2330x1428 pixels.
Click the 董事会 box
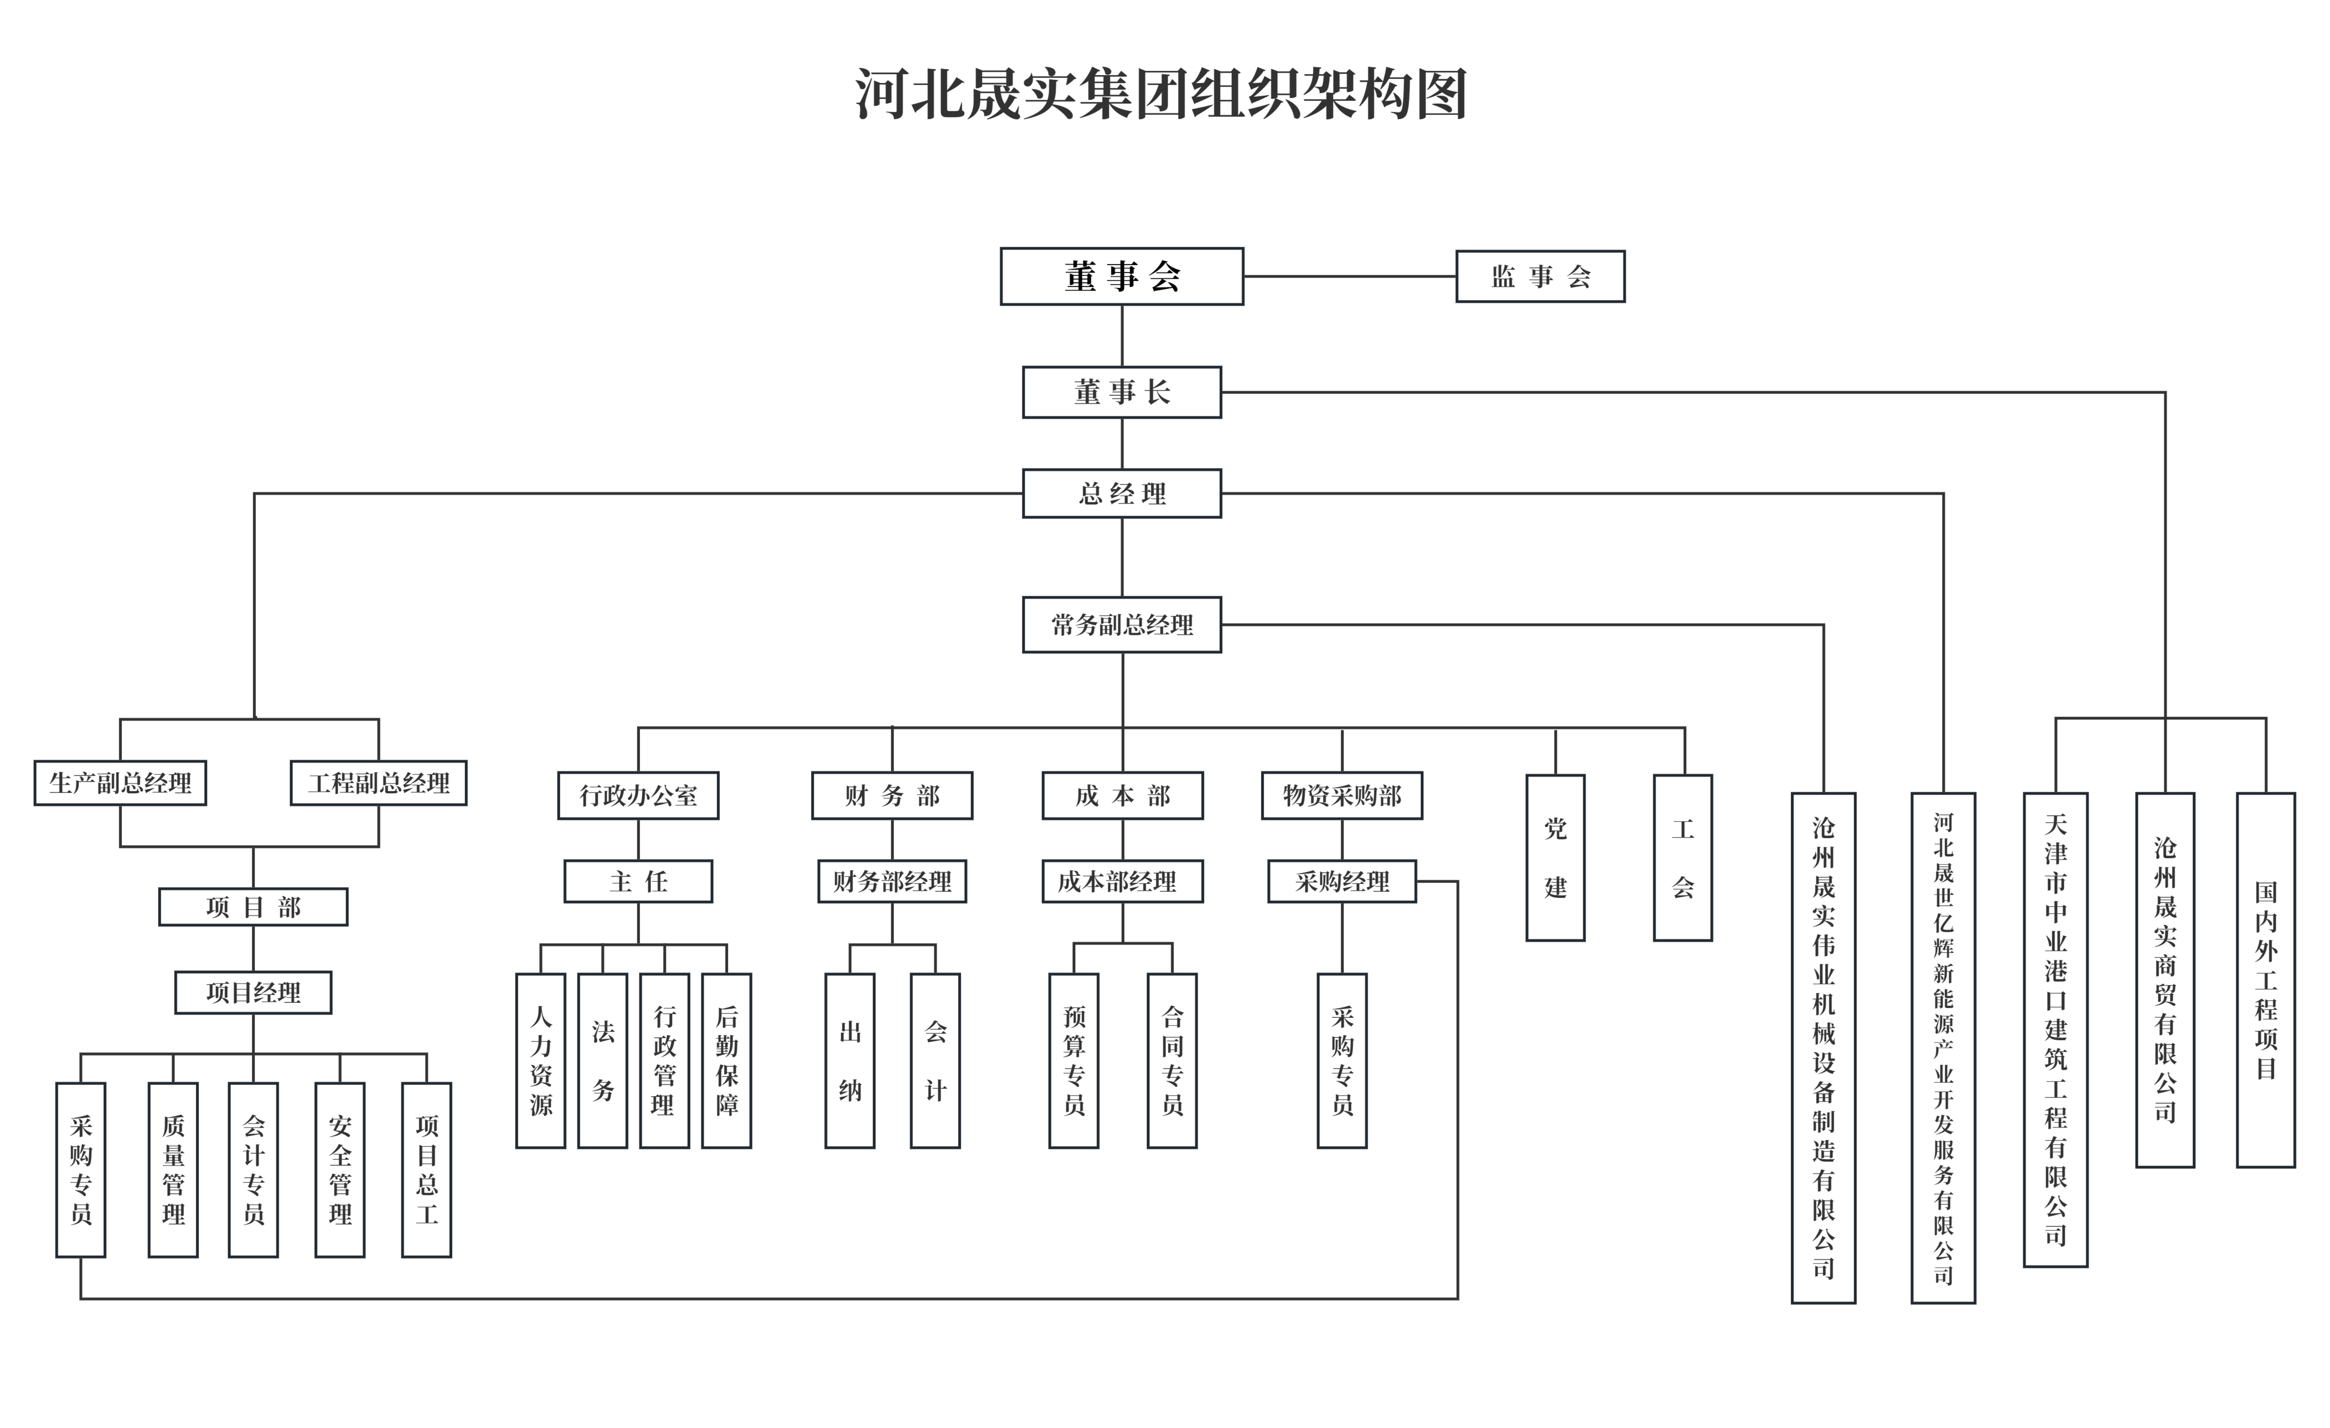1122,276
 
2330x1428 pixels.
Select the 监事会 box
1540,276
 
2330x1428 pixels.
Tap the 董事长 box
1122,392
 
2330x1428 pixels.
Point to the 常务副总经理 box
1122,624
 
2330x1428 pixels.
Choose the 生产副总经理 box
120,783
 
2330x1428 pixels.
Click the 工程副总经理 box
378,783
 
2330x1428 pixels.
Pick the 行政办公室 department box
638,795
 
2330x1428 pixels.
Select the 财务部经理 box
892,881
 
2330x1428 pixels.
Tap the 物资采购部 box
1342,795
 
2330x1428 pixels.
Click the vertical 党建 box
1556,858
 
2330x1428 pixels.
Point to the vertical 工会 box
1682,858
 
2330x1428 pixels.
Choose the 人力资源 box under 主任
541,1060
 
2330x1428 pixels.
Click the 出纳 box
850,1060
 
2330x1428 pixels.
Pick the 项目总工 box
426,1170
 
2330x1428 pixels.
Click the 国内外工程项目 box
2266,980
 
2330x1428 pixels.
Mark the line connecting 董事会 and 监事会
1349,276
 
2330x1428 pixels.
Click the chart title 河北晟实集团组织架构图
1161,93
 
